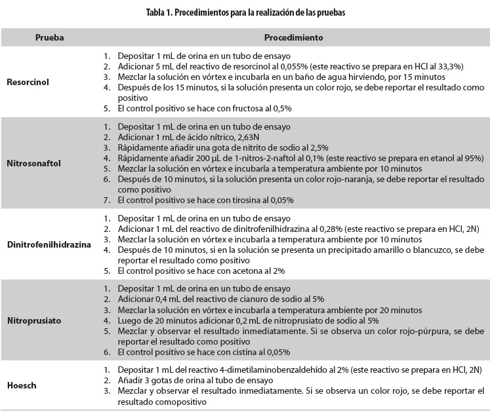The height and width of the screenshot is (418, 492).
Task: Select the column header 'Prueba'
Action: tap(49, 37)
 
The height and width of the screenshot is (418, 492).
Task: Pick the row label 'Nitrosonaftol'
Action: tap(34, 163)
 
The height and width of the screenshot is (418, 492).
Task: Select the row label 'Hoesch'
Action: tap(20, 385)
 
